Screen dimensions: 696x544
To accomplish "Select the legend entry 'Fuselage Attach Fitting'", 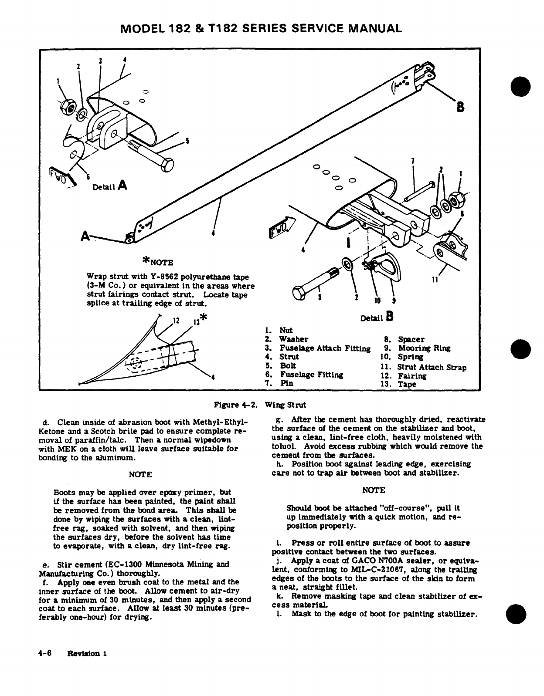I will (325, 348).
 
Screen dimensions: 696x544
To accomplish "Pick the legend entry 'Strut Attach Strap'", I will (432, 367).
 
